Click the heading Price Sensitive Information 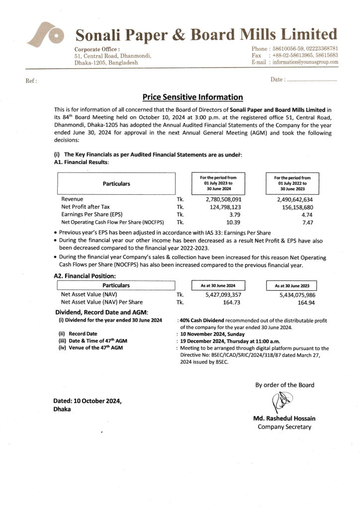(193, 97)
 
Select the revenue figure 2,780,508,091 (223, 199)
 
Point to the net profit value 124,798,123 (223, 206)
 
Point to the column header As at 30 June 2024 (218, 286)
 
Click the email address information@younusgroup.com (305, 63)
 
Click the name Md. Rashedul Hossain (284, 418)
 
